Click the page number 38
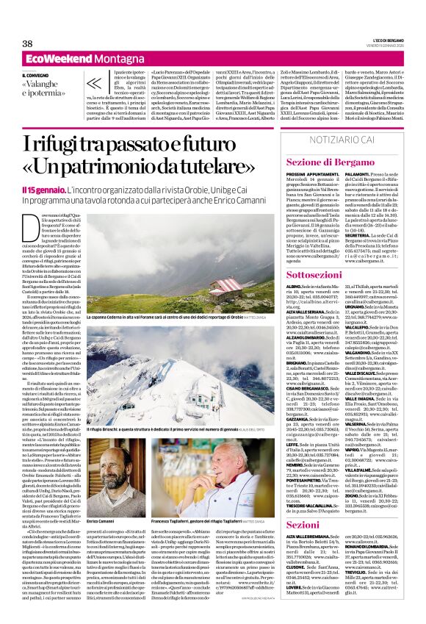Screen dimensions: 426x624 [x=28, y=44]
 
